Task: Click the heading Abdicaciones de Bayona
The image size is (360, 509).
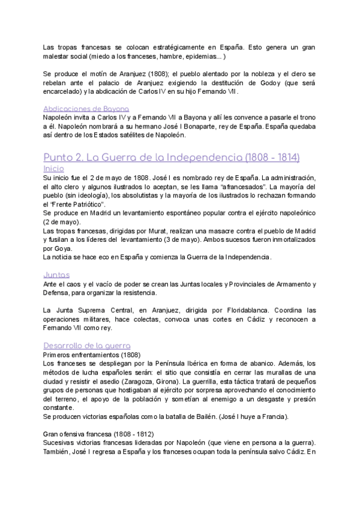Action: (x=86, y=109)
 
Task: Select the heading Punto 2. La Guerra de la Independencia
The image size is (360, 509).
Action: (x=172, y=157)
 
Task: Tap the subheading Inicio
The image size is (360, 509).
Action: (x=54, y=169)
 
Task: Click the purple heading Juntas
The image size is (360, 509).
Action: (x=57, y=274)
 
